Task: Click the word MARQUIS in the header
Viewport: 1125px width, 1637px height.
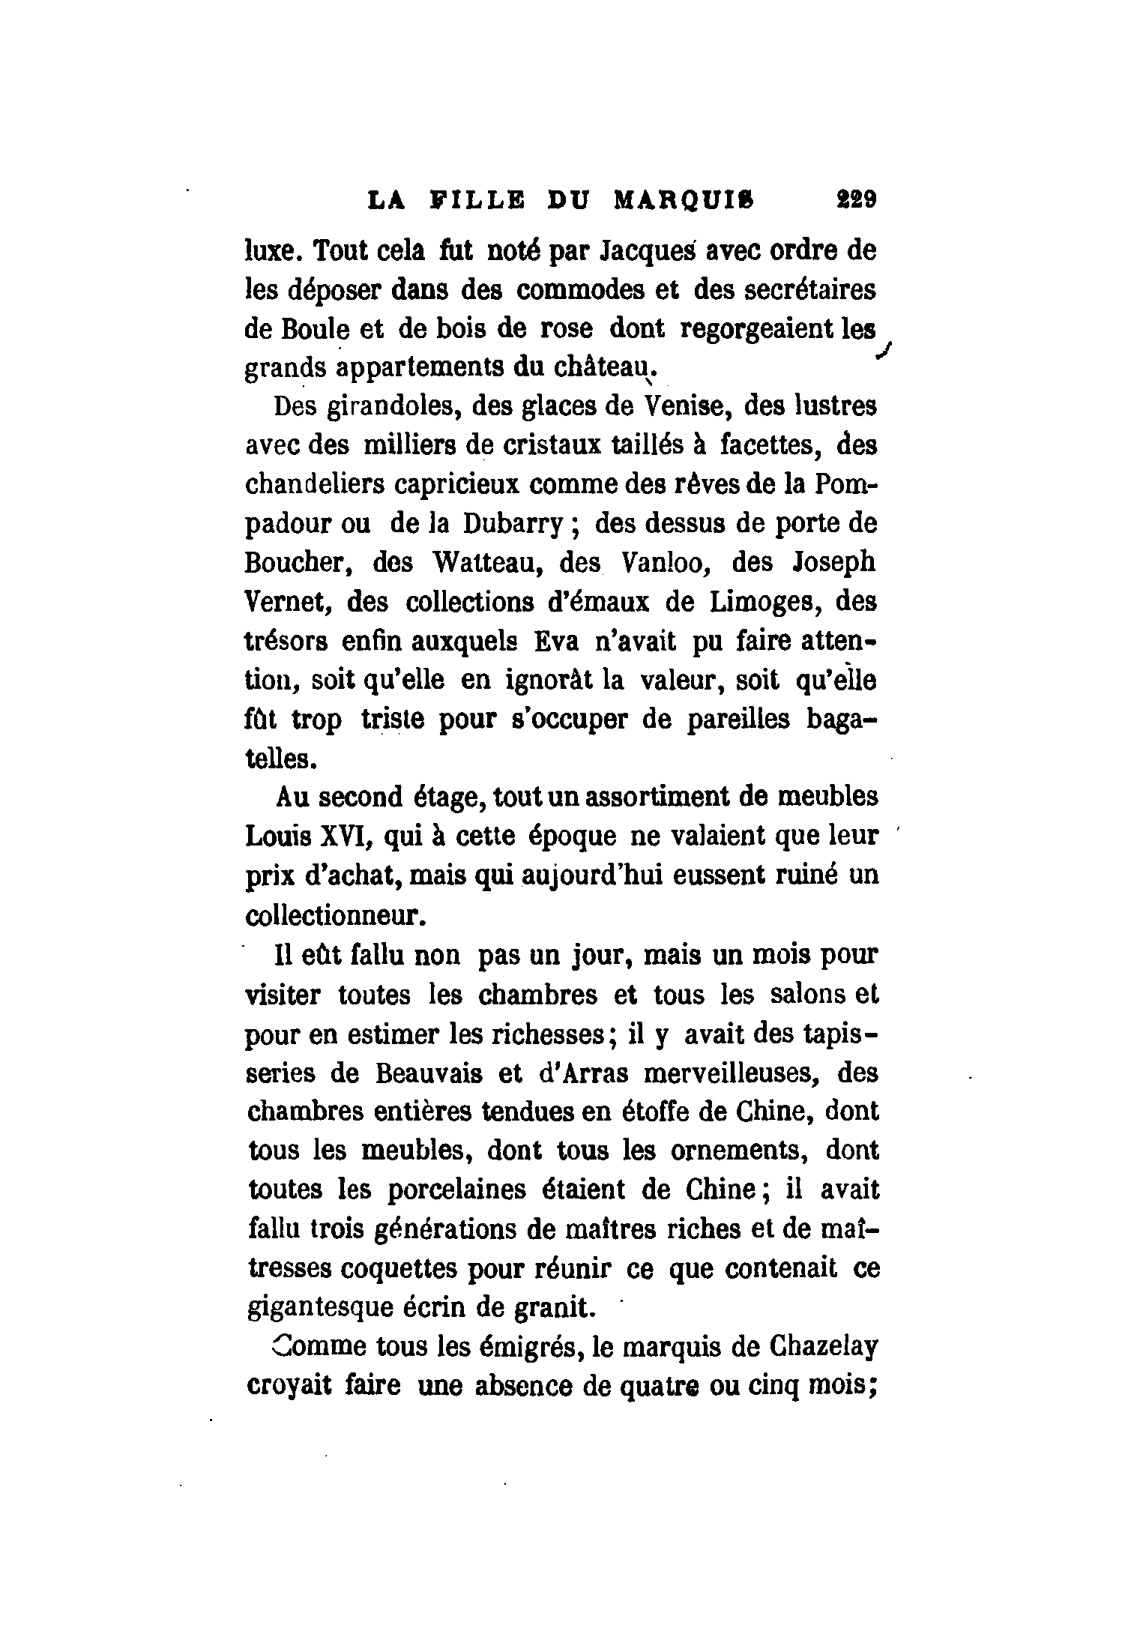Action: [x=684, y=201]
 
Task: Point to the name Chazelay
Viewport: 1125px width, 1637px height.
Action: [x=823, y=1348]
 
